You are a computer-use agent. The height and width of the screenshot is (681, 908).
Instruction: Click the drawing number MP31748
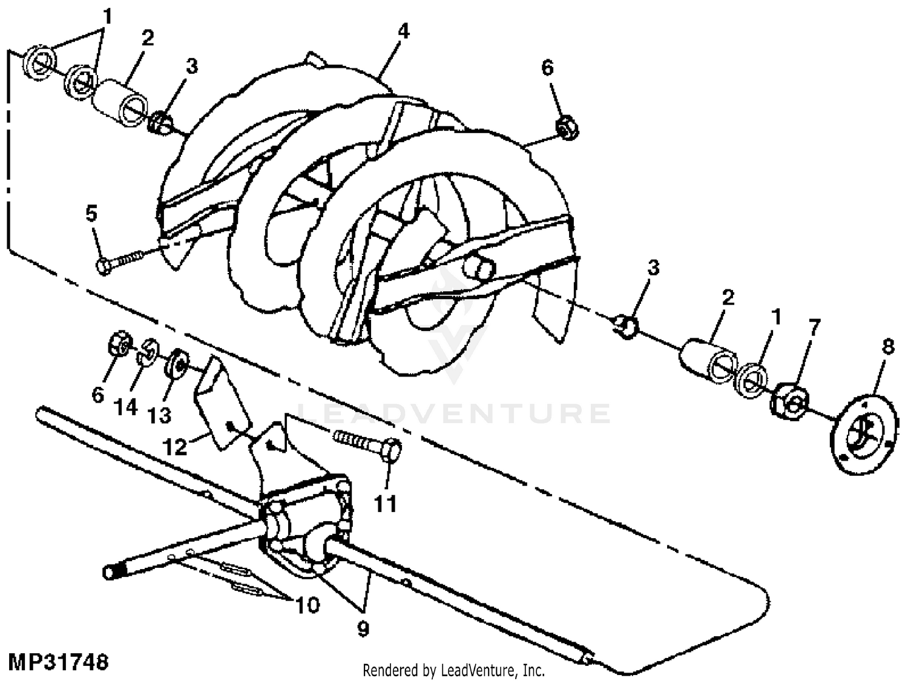pyautogui.click(x=58, y=661)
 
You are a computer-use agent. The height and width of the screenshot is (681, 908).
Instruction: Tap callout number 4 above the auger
pyautogui.click(x=403, y=30)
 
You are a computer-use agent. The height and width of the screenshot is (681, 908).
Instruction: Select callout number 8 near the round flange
pyautogui.click(x=887, y=347)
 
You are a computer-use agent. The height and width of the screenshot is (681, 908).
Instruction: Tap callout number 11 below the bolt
pyautogui.click(x=386, y=503)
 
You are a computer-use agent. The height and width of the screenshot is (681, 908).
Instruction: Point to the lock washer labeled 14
pyautogui.click(x=146, y=352)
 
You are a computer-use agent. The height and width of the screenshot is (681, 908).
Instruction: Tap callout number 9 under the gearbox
pyautogui.click(x=363, y=629)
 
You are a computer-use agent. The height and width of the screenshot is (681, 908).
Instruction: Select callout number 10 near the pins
pyautogui.click(x=308, y=604)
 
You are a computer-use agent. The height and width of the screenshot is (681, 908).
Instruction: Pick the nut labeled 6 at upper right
pyautogui.click(x=567, y=126)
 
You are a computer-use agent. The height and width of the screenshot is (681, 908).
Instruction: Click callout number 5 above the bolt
pyautogui.click(x=91, y=214)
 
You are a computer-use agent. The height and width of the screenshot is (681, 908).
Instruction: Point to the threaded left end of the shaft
pyautogui.click(x=113, y=571)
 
